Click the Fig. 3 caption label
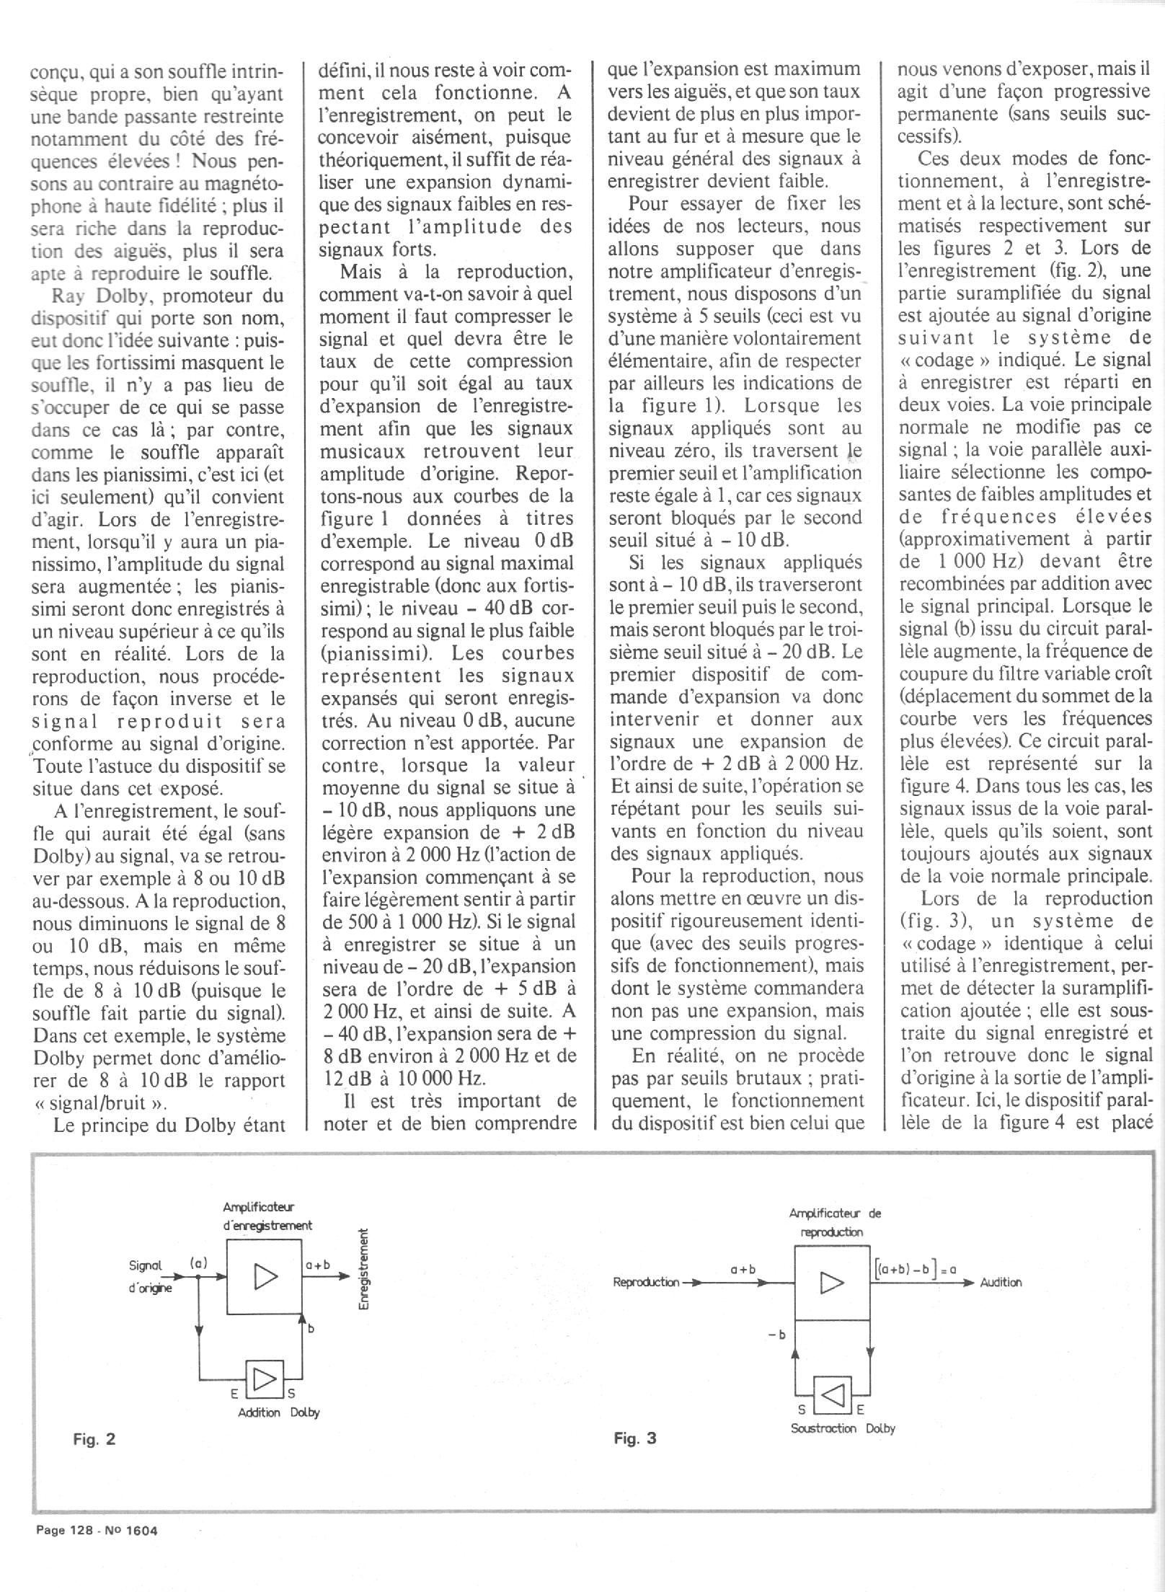634,1438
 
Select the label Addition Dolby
279,1412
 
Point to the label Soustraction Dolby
843,1428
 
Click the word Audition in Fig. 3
1001,1283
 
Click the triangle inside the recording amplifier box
265,1278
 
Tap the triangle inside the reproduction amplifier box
832,1283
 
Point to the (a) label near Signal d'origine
199,1262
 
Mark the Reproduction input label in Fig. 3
646,1283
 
